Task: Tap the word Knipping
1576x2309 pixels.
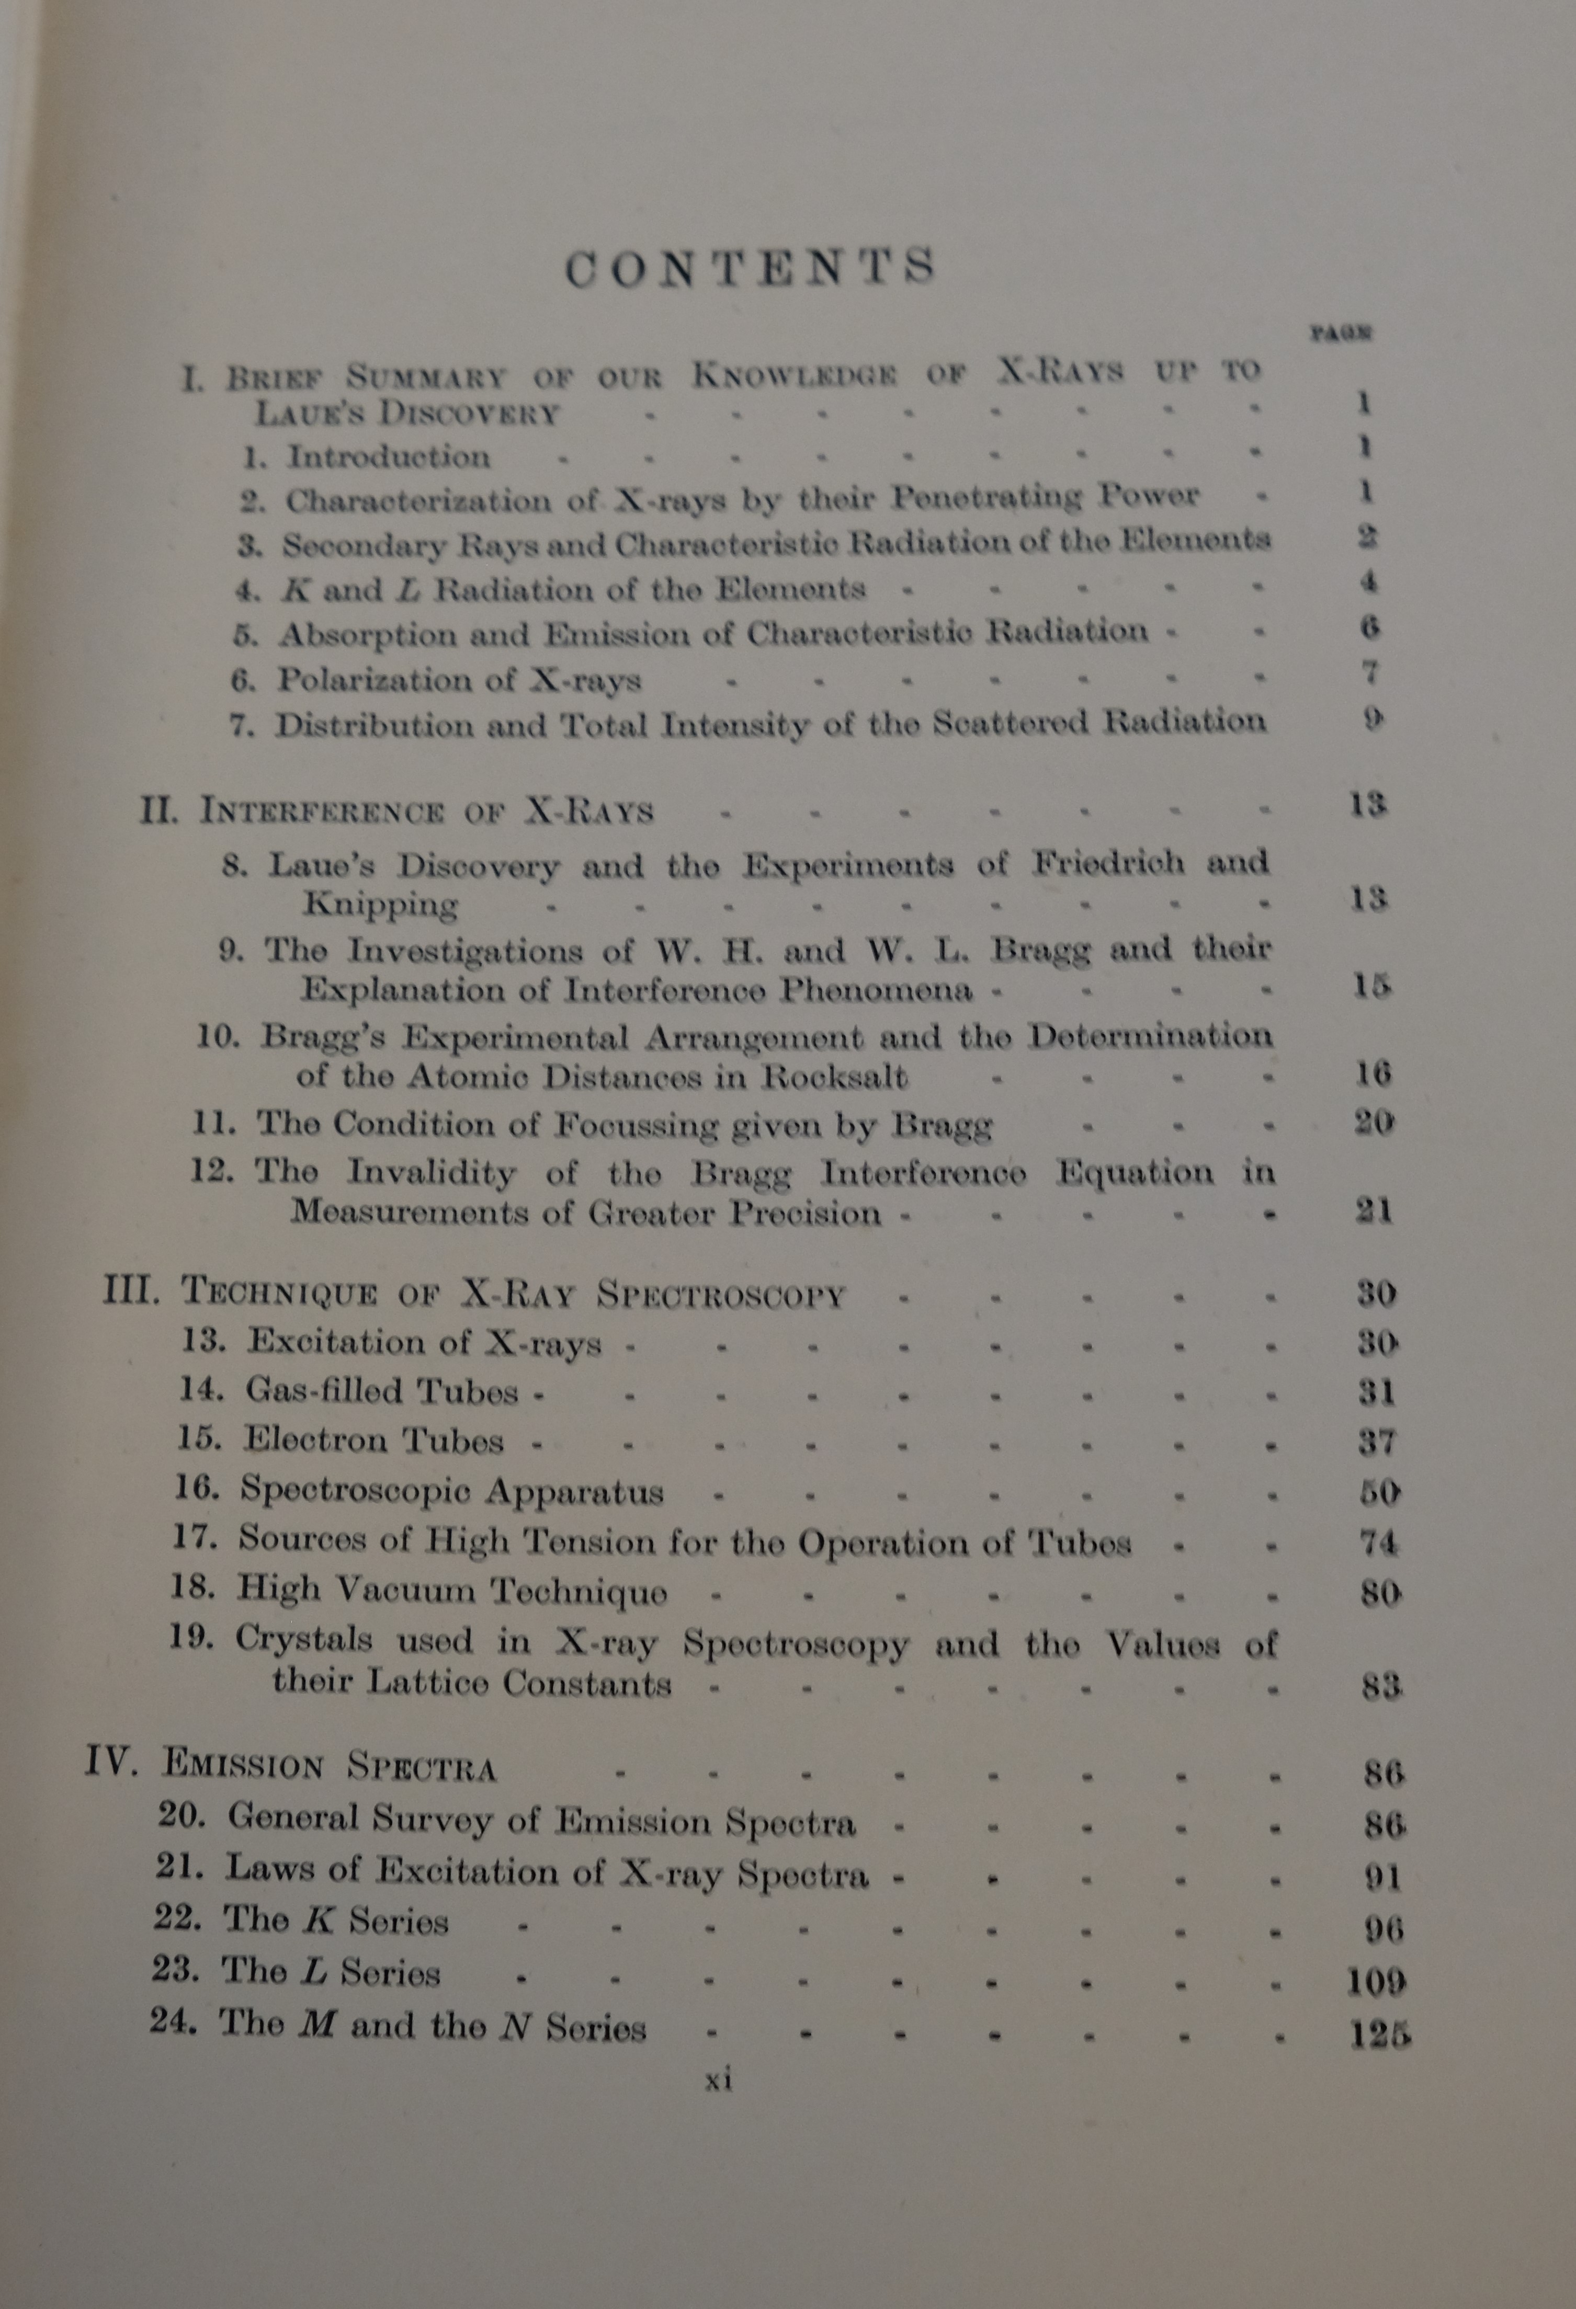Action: pos(381,904)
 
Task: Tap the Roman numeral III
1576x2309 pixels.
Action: pos(131,1290)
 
